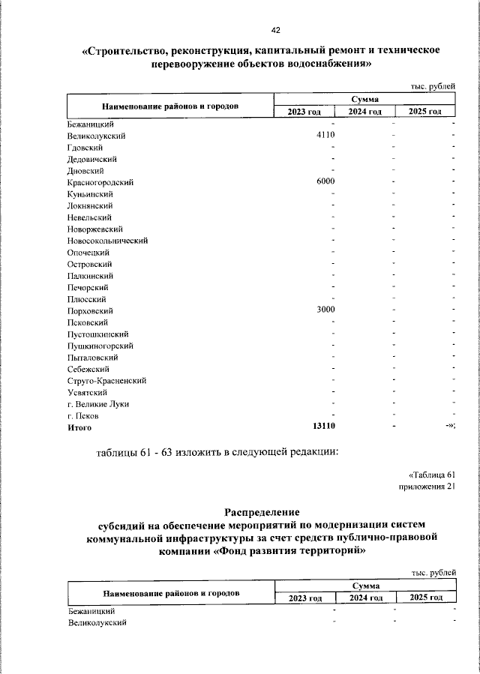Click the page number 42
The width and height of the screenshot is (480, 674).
coord(275,30)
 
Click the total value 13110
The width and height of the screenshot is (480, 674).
coord(323,427)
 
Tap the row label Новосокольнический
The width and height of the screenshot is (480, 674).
coord(107,241)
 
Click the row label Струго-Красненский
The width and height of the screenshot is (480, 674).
coord(106,381)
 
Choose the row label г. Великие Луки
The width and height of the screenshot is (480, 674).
coord(97,404)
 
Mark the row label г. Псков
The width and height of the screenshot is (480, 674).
coord(82,415)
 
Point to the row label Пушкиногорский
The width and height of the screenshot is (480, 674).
coord(100,346)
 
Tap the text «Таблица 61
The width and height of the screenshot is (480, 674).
coord(432,475)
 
